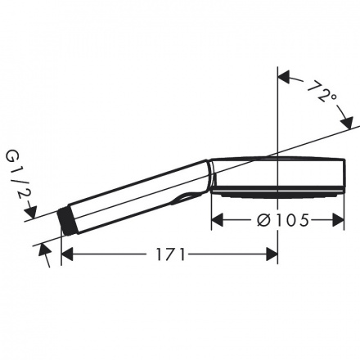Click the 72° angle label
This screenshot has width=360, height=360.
pyautogui.click(x=322, y=92)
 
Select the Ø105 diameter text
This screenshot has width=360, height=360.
pyautogui.click(x=283, y=220)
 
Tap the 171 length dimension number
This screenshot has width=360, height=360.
pyautogui.click(x=170, y=255)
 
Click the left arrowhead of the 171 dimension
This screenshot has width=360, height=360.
pyautogui.click(x=67, y=254)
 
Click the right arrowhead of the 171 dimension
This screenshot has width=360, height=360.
pyautogui.click(x=272, y=254)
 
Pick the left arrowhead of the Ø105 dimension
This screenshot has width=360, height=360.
pyautogui.click(x=218, y=220)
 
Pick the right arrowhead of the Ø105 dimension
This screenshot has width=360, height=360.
pyautogui.click(x=338, y=220)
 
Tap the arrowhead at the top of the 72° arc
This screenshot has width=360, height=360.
pyautogui.click(x=284, y=77)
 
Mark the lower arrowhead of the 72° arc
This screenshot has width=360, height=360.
pyautogui.click(x=347, y=123)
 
